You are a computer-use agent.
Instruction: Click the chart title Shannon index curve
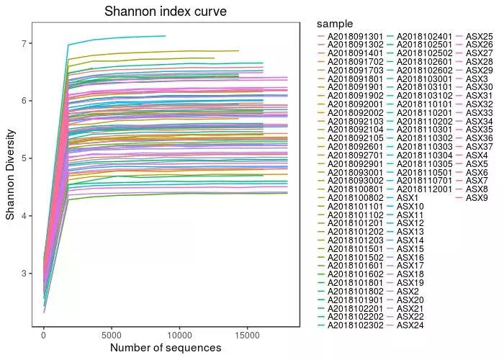pyautogui.click(x=166, y=12)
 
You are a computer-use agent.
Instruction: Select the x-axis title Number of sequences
pyautogui.click(x=166, y=348)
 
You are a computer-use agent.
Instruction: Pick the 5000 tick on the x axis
pyautogui.click(x=112, y=335)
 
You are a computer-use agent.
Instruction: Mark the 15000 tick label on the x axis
pyautogui.click(x=247, y=335)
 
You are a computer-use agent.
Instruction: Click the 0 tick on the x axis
pyautogui.click(x=44, y=335)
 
